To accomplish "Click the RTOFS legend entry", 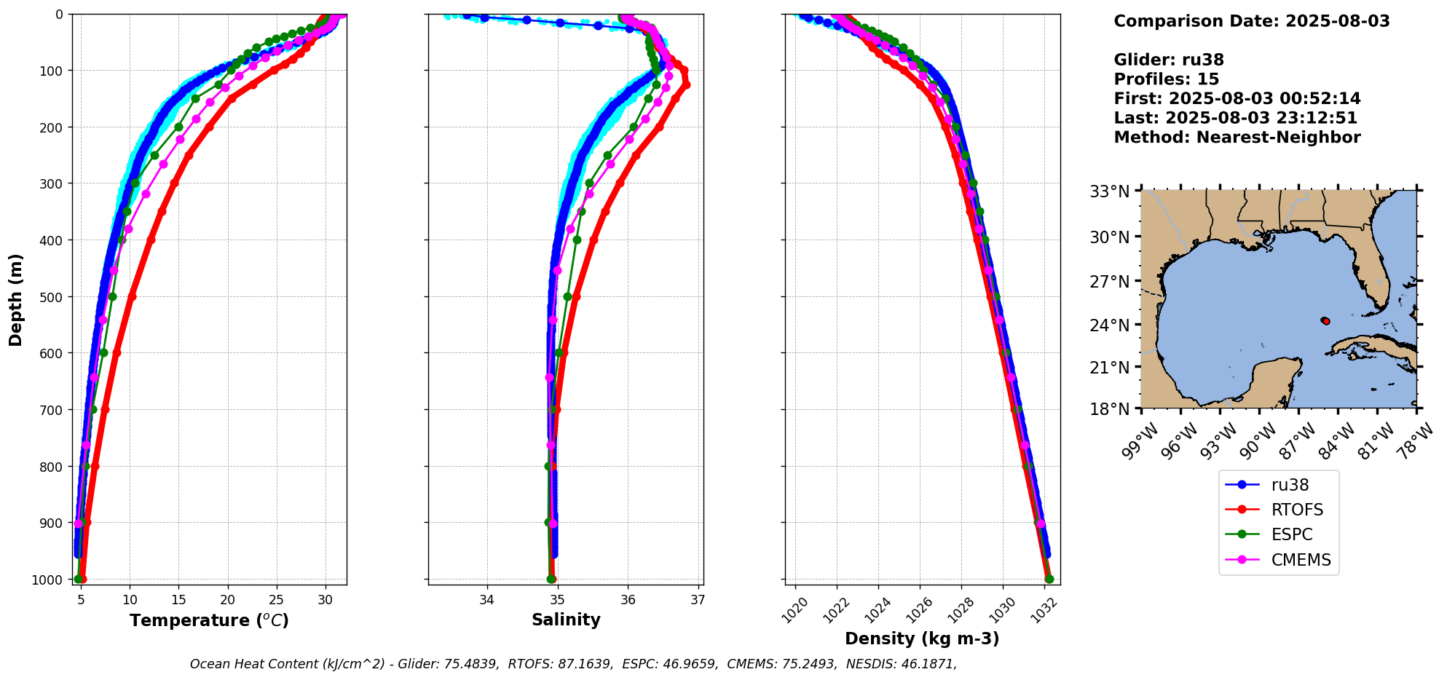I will click(1296, 510).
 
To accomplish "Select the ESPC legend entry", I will click(1291, 534).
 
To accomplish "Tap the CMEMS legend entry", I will click(1301, 560).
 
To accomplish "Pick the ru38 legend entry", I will click(1290, 485).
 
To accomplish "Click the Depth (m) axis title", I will click(16, 300).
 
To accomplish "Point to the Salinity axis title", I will click(566, 620).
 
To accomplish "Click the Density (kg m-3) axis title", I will click(922, 639).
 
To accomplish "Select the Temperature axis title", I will click(209, 621).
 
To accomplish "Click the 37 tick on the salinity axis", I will click(698, 600).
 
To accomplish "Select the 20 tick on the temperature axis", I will click(228, 600).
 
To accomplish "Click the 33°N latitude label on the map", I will click(1109, 192).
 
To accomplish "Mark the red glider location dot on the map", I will click(1326, 321).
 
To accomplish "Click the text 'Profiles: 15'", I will click(1166, 79).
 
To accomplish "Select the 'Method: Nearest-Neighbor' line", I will click(1237, 138).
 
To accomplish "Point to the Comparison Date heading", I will click(1251, 21).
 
